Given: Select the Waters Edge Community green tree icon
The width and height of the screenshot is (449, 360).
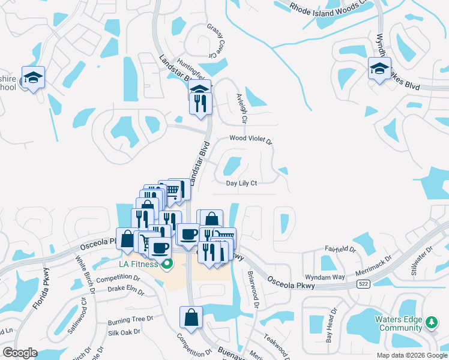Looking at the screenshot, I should (430, 323).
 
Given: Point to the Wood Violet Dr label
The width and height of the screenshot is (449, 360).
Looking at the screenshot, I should (251, 140).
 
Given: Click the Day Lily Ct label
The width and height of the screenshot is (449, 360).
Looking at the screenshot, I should (241, 184).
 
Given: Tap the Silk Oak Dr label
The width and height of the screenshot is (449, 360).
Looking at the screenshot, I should (124, 332).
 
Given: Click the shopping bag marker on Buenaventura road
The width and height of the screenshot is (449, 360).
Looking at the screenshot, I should (191, 317).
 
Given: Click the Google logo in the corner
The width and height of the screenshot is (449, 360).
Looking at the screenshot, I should (20, 353).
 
